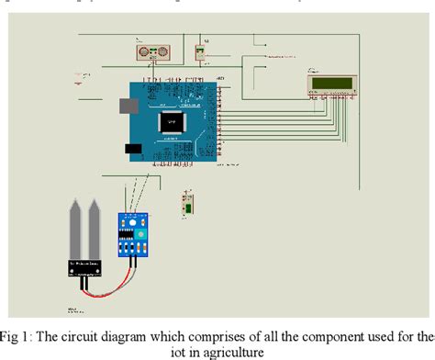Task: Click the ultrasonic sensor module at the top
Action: pyautogui.click(x=151, y=52)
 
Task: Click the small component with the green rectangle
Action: pyautogui.click(x=187, y=204)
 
